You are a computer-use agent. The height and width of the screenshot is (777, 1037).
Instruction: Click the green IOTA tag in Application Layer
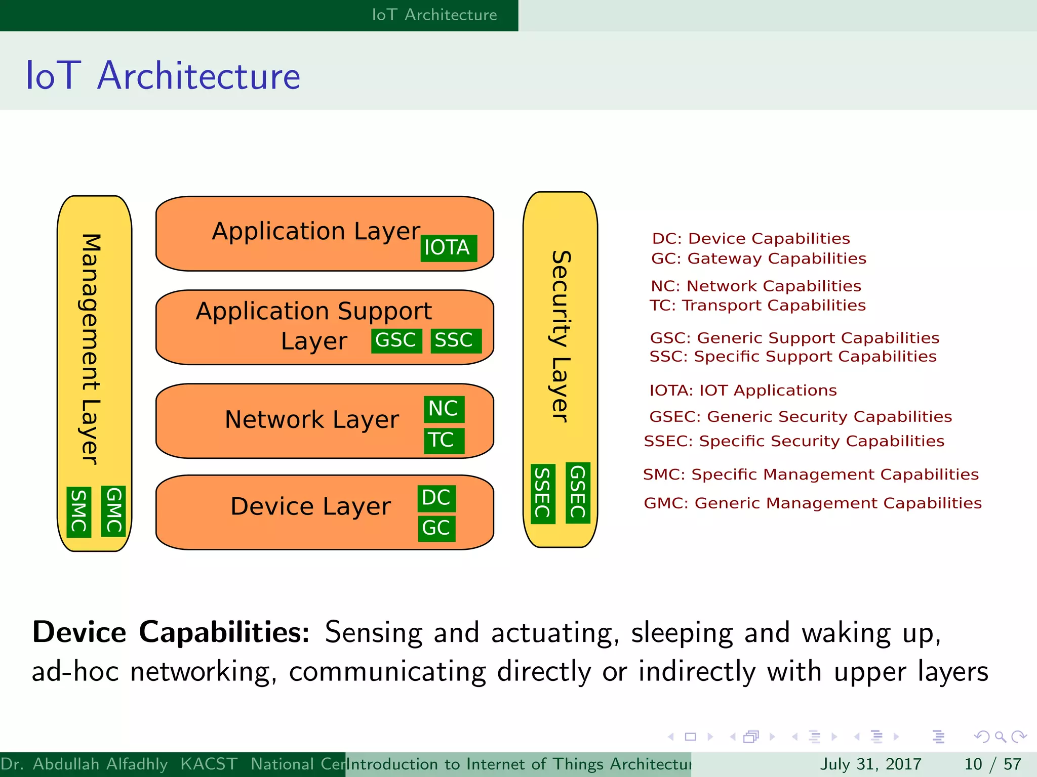coord(448,248)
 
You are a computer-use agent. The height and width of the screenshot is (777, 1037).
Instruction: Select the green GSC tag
coord(396,340)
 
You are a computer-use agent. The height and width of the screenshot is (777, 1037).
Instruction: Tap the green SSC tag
coord(455,340)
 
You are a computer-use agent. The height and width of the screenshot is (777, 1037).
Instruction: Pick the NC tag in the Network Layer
coord(444,409)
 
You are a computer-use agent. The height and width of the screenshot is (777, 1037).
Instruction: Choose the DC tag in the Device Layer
coord(436,498)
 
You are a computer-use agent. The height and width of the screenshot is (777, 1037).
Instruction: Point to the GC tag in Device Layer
coord(436,528)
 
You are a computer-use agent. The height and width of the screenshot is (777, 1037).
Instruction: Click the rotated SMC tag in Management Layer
coord(79,511)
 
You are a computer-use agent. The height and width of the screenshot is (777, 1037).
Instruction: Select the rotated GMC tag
coord(113,510)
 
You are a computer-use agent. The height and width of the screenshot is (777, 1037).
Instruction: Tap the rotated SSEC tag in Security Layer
coord(543,493)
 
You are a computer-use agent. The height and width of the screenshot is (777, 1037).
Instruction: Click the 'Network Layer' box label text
coord(312,420)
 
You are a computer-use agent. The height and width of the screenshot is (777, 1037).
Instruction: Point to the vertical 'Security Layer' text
coord(561,336)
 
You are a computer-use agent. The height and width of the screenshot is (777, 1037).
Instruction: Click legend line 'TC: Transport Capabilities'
coord(757,306)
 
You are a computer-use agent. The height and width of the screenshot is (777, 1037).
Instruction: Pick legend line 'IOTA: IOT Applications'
coord(743,391)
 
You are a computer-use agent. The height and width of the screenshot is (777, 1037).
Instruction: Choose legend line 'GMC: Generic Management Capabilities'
coord(812,503)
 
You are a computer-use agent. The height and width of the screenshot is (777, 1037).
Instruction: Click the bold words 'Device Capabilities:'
coord(171,632)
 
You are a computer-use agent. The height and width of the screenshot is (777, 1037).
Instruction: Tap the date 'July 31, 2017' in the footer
coord(870,764)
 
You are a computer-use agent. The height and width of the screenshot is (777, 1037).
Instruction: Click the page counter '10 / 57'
coord(992,764)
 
